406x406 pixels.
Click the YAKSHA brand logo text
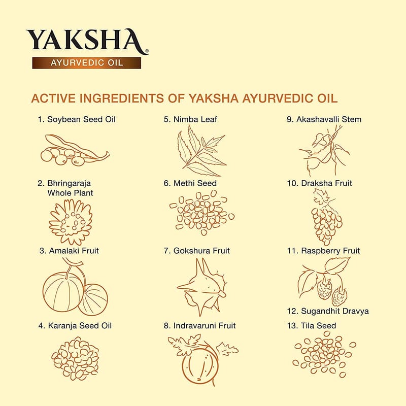click(87, 42)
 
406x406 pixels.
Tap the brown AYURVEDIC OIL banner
click(86, 63)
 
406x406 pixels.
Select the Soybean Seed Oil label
click(77, 119)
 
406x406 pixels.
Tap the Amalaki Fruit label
click(69, 251)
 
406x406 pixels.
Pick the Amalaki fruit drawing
click(75, 287)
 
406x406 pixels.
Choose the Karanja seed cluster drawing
click(75, 359)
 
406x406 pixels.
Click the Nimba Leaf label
click(190, 119)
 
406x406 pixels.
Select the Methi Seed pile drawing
click(202, 213)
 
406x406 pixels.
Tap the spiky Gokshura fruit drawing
click(202, 287)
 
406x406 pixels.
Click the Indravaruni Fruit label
click(199, 325)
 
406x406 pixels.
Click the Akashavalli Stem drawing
click(324, 151)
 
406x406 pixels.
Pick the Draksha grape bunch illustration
click(326, 217)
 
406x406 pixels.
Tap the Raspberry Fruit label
click(323, 251)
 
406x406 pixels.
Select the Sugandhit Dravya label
click(328, 311)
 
